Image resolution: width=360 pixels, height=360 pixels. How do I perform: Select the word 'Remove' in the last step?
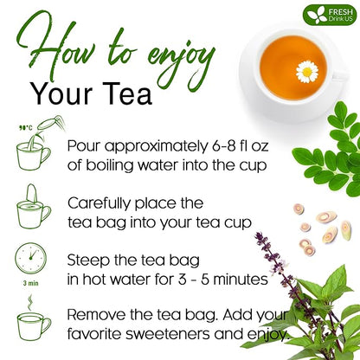[x=99, y=314]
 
